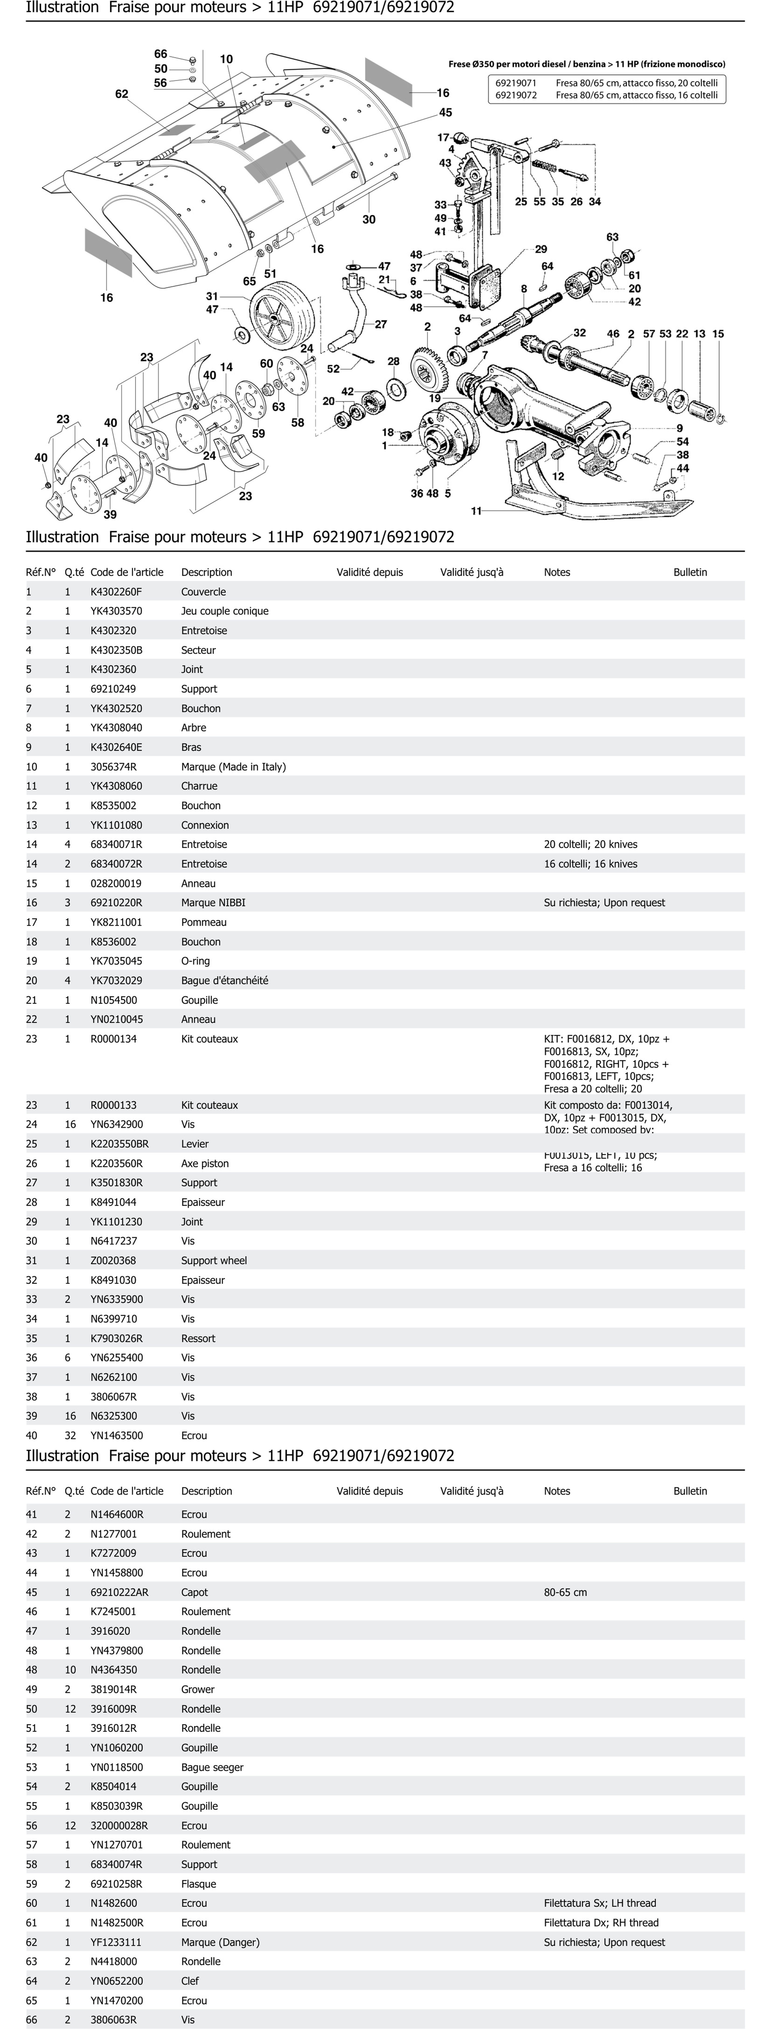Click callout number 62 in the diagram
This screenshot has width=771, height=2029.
pyautogui.click(x=121, y=94)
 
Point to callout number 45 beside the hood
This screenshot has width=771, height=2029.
pyautogui.click(x=446, y=113)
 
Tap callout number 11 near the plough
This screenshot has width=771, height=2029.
pyautogui.click(x=476, y=511)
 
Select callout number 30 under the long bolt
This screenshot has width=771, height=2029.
pyautogui.click(x=368, y=220)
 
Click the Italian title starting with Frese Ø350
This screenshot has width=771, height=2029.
pyautogui.click(x=587, y=64)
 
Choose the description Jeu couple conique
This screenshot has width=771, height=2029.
pyautogui.click(x=224, y=611)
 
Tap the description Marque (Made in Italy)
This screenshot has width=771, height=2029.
pyautogui.click(x=233, y=766)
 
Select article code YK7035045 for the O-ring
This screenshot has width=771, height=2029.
pyautogui.click(x=117, y=961)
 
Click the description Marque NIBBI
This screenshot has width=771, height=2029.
pyautogui.click(x=208, y=903)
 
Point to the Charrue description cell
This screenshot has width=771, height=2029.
pyautogui.click(x=199, y=786)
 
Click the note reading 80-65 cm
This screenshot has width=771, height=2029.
pyautogui.click(x=566, y=1592)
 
